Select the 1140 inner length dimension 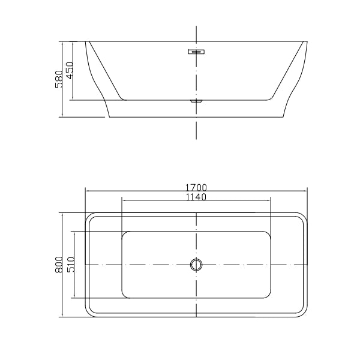point(196,197)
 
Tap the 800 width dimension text point(59,265)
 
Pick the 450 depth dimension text point(70,71)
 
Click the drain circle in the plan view point(196,264)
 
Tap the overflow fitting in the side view point(196,52)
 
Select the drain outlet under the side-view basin point(196,101)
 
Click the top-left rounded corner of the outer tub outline point(89,216)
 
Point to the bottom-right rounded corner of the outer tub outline point(304,313)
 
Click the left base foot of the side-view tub point(108,115)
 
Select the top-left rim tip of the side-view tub point(87,42)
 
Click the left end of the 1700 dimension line point(86,191)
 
